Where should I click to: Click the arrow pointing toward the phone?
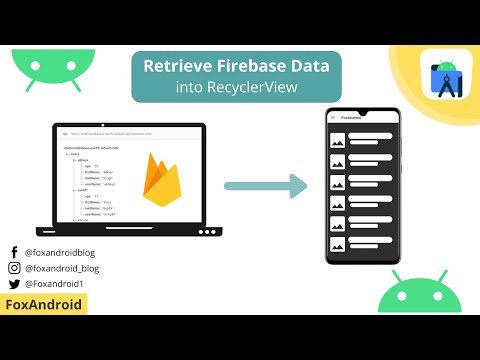pyautogui.click(x=265, y=185)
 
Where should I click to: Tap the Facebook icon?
pyautogui.click(x=14, y=253)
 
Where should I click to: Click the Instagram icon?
pyautogui.click(x=14, y=268)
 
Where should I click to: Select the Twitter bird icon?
pyautogui.click(x=14, y=283)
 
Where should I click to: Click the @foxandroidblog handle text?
pyautogui.click(x=60, y=253)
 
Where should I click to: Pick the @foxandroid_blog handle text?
pyautogui.click(x=62, y=268)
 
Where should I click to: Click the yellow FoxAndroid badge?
pyautogui.click(x=44, y=304)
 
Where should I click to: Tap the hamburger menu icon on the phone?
pyautogui.click(x=334, y=117)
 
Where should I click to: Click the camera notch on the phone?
pyautogui.click(x=365, y=109)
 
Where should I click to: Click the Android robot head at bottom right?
pyautogui.click(x=419, y=300)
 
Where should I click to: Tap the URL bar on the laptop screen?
pyautogui.click(x=130, y=133)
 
